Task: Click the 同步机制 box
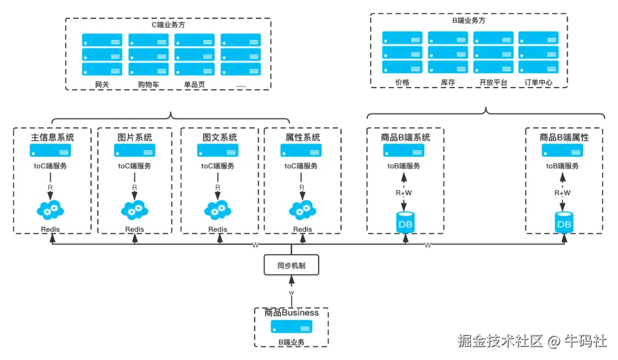click(291, 265)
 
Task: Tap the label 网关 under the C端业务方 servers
click(102, 84)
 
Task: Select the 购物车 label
click(149, 84)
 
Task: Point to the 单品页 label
click(195, 84)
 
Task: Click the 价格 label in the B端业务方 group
click(402, 82)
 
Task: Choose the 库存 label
click(448, 82)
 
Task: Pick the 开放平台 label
click(493, 82)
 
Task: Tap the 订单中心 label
click(538, 82)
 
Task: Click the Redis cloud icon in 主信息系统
click(50, 210)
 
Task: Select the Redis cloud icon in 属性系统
click(303, 210)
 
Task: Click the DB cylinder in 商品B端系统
click(405, 223)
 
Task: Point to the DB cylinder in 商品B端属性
click(564, 223)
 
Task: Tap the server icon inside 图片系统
click(134, 150)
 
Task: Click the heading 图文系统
click(220, 137)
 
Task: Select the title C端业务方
click(168, 25)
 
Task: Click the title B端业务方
click(469, 21)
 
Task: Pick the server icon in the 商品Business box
click(292, 327)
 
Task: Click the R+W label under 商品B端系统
click(403, 193)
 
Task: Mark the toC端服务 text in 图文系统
click(217, 166)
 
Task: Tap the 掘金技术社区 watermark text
click(500, 341)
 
